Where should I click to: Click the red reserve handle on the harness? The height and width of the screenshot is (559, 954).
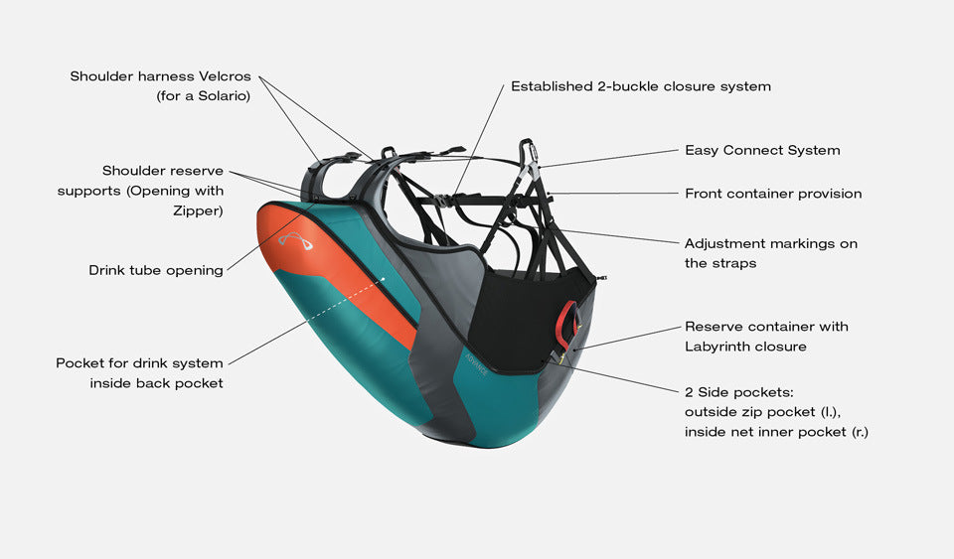tap(567, 321)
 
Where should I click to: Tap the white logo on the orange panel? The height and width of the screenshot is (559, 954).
tap(295, 241)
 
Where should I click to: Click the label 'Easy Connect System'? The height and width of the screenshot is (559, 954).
tap(762, 150)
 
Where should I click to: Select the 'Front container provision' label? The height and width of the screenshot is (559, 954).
tap(773, 194)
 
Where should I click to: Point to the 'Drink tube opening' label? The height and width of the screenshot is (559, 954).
tap(156, 270)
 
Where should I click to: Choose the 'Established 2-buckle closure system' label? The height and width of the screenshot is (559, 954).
tap(641, 86)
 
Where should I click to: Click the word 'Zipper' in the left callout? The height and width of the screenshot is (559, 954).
tap(200, 210)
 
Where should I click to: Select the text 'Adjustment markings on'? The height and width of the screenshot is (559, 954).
tap(770, 243)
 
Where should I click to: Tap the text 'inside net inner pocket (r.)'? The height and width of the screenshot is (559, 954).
tap(775, 432)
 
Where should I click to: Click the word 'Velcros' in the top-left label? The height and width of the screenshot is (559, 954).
tap(223, 76)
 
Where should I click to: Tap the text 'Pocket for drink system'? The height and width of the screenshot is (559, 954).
tap(139, 363)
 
